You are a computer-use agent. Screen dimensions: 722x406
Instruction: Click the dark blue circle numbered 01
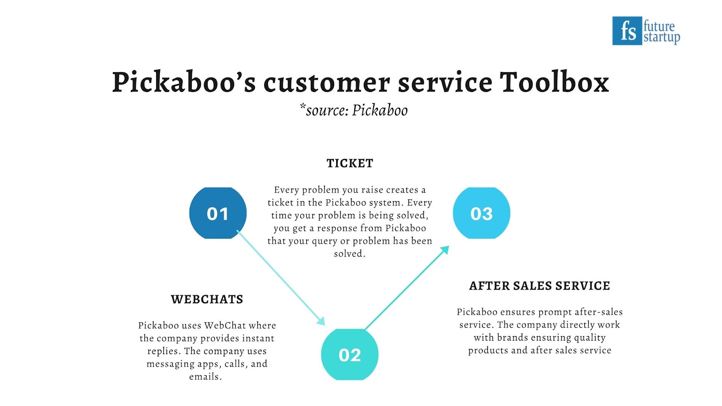[x=218, y=213]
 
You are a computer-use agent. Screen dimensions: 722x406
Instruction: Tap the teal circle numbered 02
[x=350, y=355]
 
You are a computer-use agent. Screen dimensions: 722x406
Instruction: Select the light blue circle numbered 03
[x=481, y=213]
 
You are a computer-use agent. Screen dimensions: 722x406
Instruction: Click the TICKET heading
[x=350, y=163]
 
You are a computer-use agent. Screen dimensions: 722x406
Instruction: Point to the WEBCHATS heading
[x=207, y=300]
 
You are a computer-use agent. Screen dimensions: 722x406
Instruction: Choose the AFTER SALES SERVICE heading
[x=540, y=286]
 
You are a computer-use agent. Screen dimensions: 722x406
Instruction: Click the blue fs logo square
[x=627, y=31]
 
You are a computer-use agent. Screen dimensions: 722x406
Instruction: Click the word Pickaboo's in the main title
[x=184, y=83]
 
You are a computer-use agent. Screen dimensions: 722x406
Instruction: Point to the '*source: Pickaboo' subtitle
[x=354, y=110]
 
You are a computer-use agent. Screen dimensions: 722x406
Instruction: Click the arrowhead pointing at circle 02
[x=321, y=321]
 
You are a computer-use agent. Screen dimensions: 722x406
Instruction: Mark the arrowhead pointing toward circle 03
[x=445, y=250]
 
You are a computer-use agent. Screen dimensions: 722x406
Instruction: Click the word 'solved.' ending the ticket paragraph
[x=350, y=254]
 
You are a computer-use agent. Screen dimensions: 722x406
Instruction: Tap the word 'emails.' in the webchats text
[x=205, y=376]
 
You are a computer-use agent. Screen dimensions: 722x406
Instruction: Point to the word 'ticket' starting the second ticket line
[x=278, y=203]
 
